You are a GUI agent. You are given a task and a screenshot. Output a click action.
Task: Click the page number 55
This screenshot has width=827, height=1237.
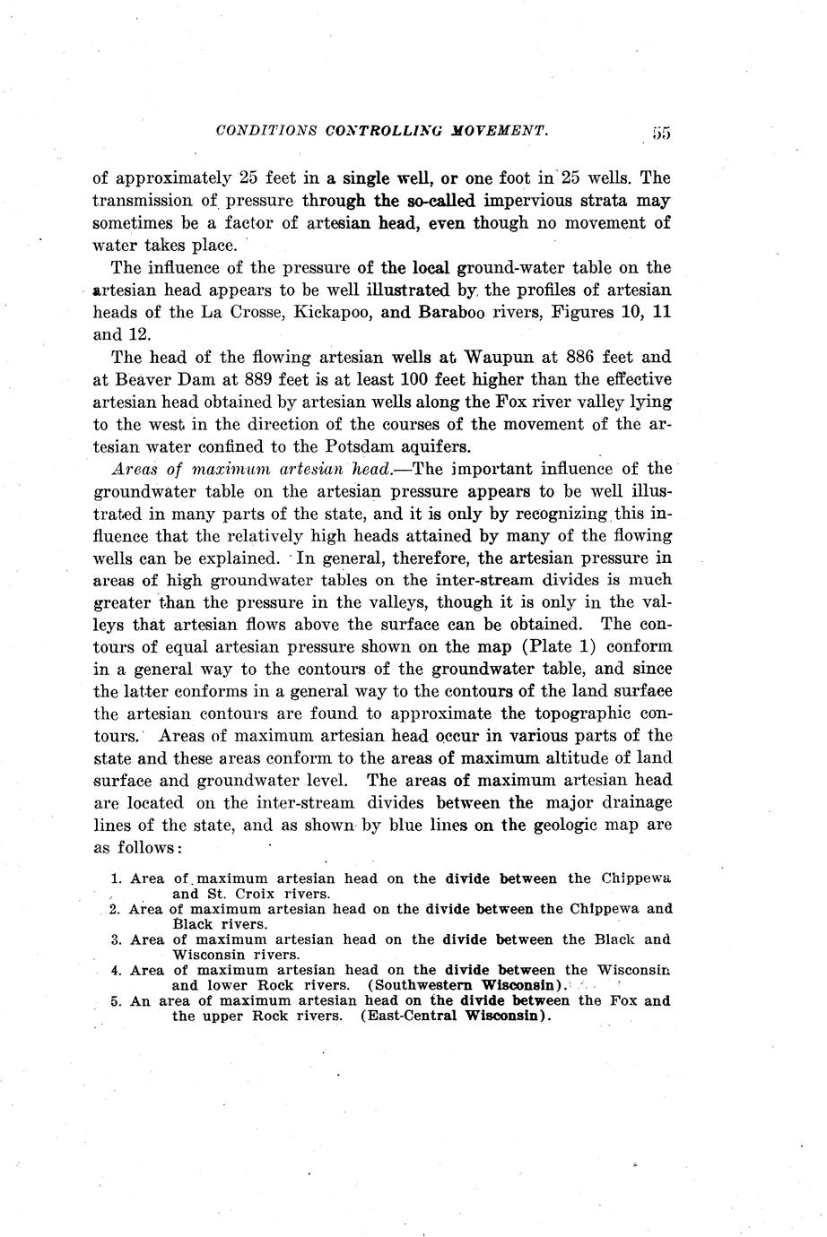(662, 133)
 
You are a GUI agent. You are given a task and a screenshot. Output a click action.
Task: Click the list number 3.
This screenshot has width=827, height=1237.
(116, 939)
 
